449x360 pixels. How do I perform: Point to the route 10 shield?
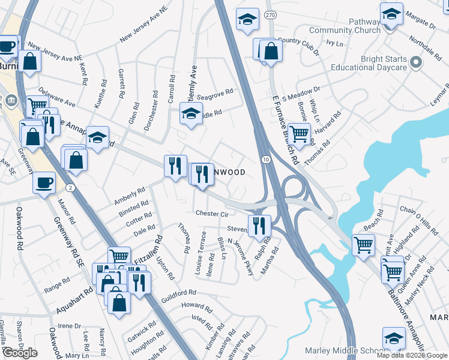pos(265,159)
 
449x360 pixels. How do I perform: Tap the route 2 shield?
pos(71,188)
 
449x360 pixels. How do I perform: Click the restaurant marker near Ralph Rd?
pos(259,226)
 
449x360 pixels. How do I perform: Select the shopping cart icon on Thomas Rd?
pos(298,134)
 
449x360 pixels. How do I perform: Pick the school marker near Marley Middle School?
pos(394,338)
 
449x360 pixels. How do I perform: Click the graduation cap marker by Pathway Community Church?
pos(391,13)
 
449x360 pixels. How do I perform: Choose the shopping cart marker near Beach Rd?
pos(363,244)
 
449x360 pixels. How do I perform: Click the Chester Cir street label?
pos(212,214)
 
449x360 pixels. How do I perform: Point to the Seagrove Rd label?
pos(214,96)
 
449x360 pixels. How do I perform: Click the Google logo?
pos(20,353)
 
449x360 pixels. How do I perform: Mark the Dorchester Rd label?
pos(151,111)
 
